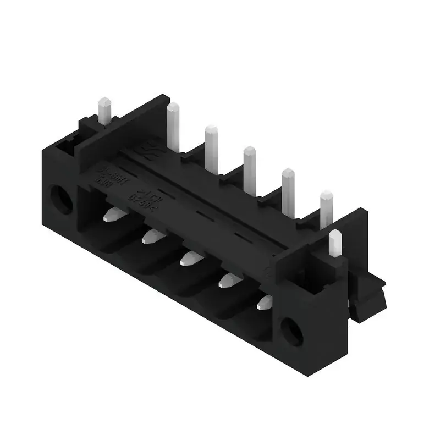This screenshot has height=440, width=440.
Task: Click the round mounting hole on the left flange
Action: [x=61, y=199]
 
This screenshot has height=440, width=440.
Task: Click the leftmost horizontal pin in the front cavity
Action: [x=113, y=215]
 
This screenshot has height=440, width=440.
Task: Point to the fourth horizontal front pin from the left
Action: [x=228, y=281]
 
